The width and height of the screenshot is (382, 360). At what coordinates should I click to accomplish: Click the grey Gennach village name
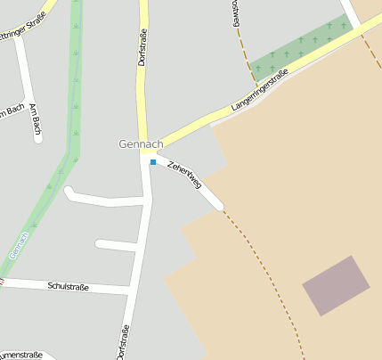click(140, 143)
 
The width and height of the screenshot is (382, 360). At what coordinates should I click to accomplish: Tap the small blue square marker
click(153, 162)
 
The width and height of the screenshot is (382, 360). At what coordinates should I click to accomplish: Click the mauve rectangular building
click(336, 285)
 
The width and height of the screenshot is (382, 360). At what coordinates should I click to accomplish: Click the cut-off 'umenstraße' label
click(20, 355)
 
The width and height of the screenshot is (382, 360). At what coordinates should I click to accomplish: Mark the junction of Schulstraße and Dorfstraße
click(133, 290)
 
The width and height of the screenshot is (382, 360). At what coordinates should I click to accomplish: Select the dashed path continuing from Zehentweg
click(267, 267)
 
